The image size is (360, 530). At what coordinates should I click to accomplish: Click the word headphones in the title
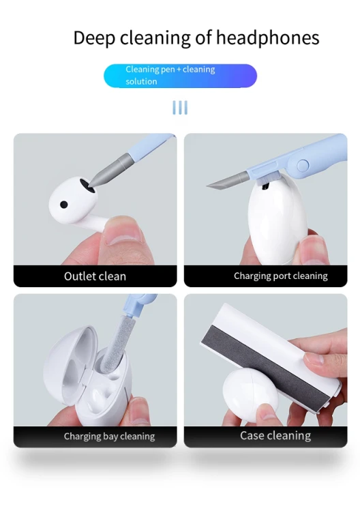tap(267, 38)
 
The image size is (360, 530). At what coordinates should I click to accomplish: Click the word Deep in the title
tap(94, 38)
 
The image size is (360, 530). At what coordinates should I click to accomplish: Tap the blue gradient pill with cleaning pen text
tap(180, 76)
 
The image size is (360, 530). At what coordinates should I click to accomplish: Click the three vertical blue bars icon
tap(180, 108)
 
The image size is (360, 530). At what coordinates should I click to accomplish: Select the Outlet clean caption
tap(95, 276)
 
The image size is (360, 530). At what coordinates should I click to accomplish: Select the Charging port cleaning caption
tap(281, 276)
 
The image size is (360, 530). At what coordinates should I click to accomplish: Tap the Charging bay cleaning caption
tap(109, 437)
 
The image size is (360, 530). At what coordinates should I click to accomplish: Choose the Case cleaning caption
tap(275, 436)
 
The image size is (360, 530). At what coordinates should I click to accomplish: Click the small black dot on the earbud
tap(63, 205)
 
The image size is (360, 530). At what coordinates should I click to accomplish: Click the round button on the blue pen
tap(303, 165)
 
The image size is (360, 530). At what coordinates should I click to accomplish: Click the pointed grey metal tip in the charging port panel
tap(226, 180)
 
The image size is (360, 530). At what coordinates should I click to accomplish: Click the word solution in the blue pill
tap(141, 81)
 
